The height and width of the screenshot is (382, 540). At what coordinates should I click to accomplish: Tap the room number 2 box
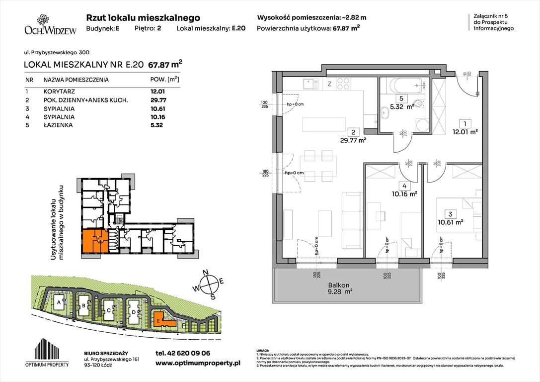[x=352, y=132]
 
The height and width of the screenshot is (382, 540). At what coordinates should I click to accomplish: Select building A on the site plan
[x=59, y=302]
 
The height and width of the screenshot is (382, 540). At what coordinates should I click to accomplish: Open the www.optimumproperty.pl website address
[x=198, y=364]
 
